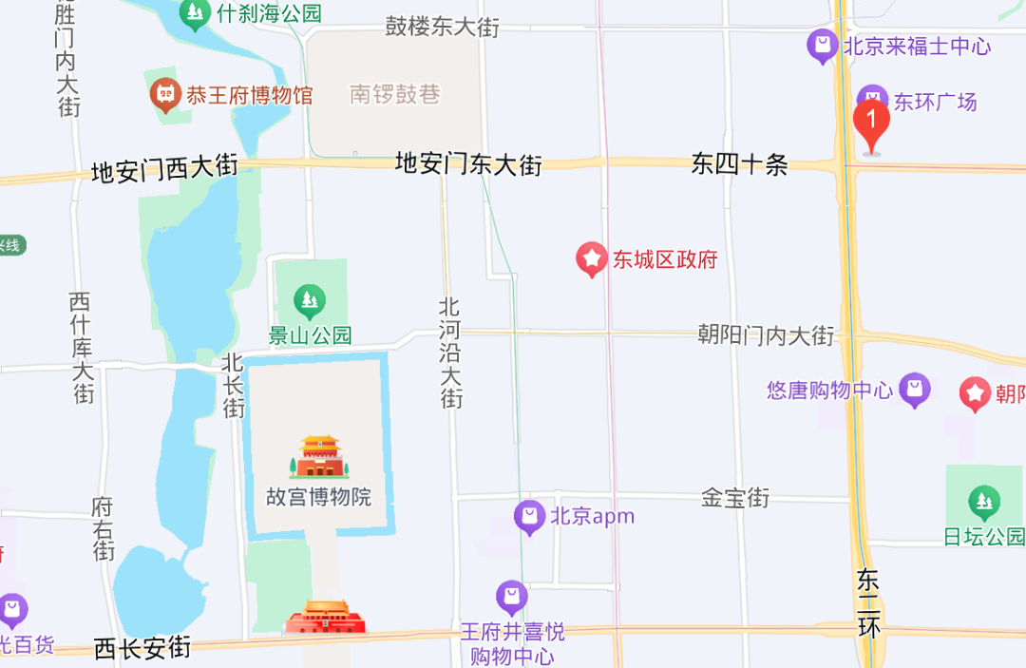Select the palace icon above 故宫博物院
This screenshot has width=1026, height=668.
(319, 457)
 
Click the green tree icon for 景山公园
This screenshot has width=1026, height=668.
(309, 302)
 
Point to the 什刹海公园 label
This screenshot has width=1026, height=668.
(270, 13)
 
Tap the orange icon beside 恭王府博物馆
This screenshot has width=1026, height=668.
(166, 94)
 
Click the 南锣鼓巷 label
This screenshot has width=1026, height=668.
(395, 94)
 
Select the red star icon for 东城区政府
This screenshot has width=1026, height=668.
(592, 258)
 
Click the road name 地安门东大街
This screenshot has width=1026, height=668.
(468, 164)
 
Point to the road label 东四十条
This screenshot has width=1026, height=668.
(740, 164)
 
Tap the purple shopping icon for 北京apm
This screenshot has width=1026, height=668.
(529, 518)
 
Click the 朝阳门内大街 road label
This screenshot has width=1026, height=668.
(766, 335)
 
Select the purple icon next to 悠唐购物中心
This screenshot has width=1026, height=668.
(914, 389)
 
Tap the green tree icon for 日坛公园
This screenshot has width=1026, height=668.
(983, 500)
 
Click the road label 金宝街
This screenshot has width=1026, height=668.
(735, 497)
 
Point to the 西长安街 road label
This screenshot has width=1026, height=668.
(142, 648)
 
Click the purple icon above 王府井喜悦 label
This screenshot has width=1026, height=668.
(512, 597)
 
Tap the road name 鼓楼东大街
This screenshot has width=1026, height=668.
(442, 27)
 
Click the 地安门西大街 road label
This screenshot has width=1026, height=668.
(164, 171)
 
